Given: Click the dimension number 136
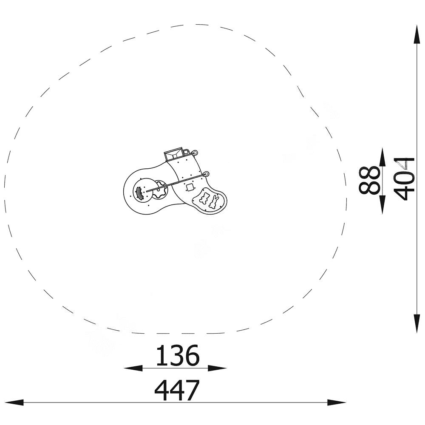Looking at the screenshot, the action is (x=178, y=355).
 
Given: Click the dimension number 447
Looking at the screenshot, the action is (x=177, y=390).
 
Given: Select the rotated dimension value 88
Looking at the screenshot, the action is (x=369, y=180).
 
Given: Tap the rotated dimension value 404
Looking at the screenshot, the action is (x=404, y=178).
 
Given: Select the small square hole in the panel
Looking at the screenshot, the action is (x=190, y=187).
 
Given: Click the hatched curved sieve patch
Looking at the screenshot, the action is (x=139, y=193).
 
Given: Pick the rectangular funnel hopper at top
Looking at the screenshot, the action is (x=174, y=154).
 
